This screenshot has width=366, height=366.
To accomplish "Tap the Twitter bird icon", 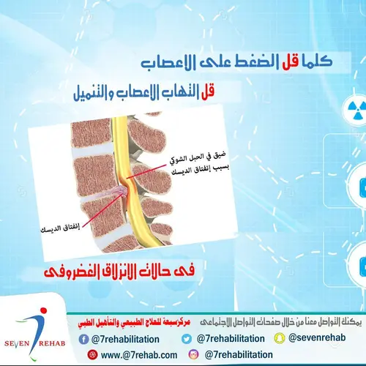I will [x=186, y=339].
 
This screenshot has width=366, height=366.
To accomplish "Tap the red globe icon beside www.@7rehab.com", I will [x=92, y=354].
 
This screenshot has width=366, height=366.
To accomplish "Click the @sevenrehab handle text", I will [x=320, y=339].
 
